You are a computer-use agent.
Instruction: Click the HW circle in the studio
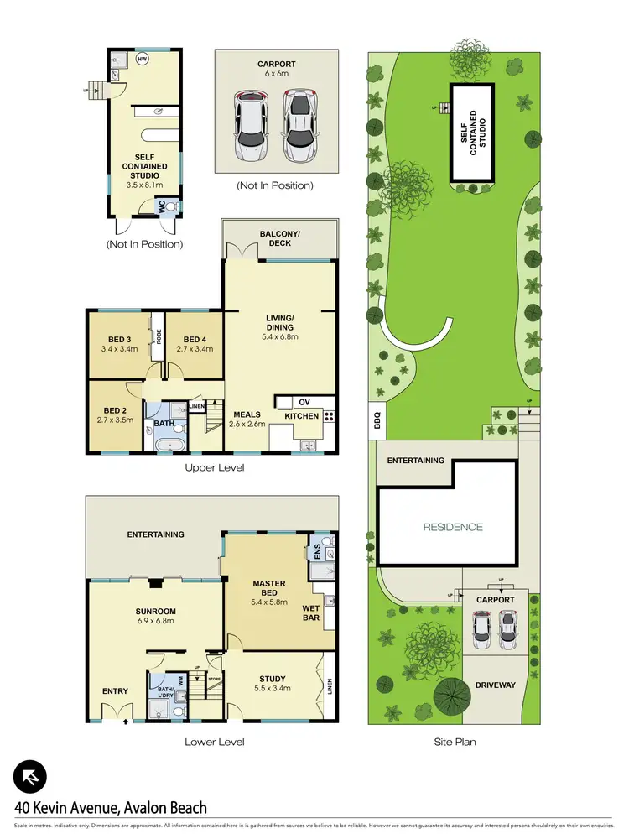coord(142,60)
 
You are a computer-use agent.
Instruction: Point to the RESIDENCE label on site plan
coord(453,527)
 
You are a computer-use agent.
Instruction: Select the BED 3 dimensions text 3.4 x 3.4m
coord(118,348)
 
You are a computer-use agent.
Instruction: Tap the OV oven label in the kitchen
coord(304,400)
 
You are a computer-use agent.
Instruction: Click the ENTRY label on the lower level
coord(115,691)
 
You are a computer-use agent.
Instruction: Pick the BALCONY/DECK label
coord(280,237)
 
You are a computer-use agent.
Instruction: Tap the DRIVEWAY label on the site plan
coord(494,685)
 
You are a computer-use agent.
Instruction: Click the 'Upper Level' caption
coord(214,467)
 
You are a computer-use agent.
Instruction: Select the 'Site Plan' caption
coord(455,743)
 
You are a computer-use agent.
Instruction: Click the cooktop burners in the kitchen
coord(330,415)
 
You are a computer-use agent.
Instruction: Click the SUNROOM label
coord(156,612)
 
